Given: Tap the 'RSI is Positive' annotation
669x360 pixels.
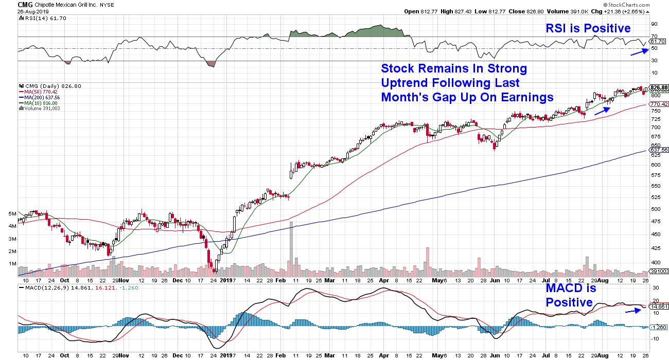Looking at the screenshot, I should [x=588, y=28].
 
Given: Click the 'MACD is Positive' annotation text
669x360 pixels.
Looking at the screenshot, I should [x=570, y=295].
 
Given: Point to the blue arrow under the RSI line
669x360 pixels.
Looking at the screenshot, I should [x=639, y=50].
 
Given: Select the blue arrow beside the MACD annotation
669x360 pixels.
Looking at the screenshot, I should [x=633, y=310].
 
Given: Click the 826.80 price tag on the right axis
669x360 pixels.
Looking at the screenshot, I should [x=659, y=87].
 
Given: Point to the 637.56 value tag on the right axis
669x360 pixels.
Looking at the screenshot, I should [x=659, y=151].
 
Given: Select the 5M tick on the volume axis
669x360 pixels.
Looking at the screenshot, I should [x=12, y=213].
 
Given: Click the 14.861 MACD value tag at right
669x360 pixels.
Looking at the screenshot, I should [x=659, y=307].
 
